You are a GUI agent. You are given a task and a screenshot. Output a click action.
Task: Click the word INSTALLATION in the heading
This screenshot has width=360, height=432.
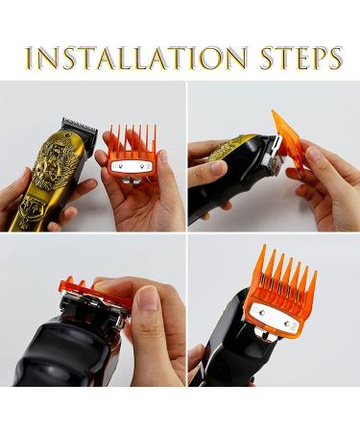tap(136, 58)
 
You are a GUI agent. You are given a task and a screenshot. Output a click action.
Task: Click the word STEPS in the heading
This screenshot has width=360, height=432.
tap(301, 58)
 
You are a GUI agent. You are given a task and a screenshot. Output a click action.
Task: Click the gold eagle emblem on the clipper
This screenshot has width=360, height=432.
tap(59, 166)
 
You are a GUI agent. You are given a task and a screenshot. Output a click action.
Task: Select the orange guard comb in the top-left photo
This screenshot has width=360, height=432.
tap(132, 153)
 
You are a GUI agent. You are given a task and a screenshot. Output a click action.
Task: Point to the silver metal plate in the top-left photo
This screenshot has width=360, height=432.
tap(131, 166)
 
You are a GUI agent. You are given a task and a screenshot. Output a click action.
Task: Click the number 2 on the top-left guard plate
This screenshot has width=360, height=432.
tap(148, 166)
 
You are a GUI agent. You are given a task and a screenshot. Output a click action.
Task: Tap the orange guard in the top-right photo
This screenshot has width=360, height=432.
tap(286, 141)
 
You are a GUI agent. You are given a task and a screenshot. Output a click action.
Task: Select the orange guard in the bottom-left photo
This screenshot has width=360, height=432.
tap(94, 291)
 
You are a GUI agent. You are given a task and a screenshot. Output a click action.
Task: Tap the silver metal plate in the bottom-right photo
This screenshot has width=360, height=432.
tap(276, 317)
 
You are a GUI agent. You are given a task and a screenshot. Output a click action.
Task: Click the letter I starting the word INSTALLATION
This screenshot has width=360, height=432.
tap(30, 58)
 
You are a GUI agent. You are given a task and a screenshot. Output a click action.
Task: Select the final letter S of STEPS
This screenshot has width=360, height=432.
tap(334, 58)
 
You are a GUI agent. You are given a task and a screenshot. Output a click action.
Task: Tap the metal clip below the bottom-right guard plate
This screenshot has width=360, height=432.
tap(266, 337)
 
